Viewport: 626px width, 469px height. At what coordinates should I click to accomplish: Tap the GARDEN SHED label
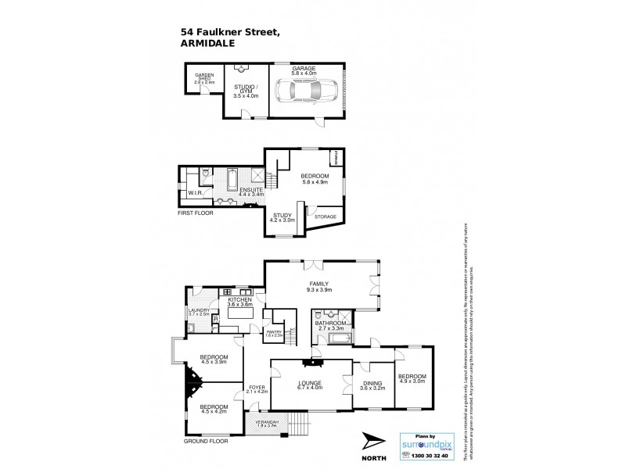point(204,78)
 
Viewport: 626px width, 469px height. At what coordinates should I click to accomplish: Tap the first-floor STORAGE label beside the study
point(325,217)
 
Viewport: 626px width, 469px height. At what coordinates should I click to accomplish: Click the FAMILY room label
point(318,284)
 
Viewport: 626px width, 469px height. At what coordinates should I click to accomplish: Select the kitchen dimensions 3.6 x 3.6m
point(240,304)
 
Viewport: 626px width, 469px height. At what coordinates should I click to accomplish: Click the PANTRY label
point(274,331)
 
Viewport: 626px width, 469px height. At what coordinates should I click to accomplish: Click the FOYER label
point(257,387)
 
